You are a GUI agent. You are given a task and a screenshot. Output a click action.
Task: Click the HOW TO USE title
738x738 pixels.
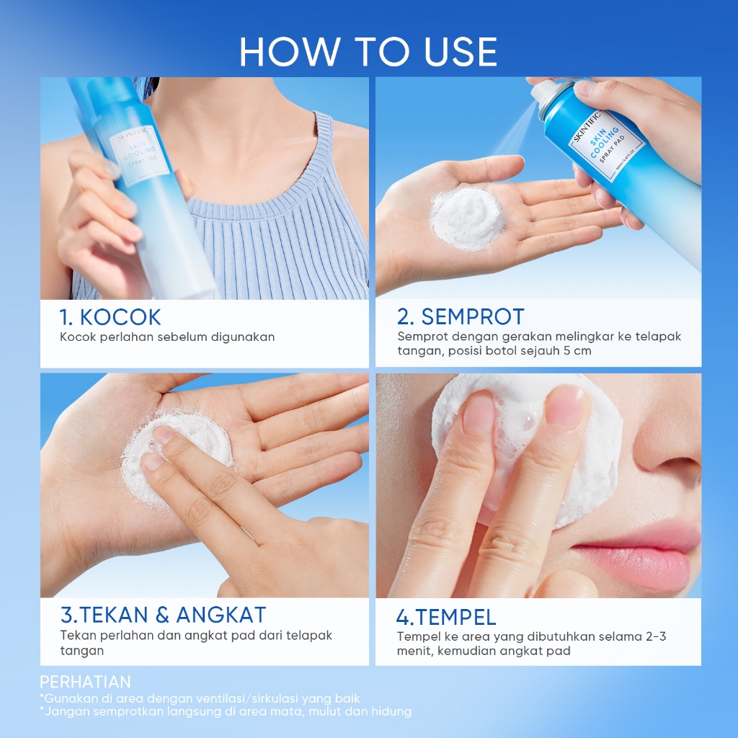tap(368, 52)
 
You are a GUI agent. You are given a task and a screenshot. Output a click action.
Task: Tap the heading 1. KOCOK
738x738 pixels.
tap(110, 317)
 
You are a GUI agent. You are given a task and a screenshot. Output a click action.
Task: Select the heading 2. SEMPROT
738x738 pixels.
tap(461, 317)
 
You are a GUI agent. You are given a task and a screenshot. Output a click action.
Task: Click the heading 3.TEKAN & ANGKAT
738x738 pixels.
tap(164, 615)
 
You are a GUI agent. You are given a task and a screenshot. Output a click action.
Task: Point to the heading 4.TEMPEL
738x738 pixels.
tap(446, 617)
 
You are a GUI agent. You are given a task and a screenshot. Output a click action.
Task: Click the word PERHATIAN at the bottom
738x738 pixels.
tap(85, 682)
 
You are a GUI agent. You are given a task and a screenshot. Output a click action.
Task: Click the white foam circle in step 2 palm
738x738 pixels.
tap(467, 217)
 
